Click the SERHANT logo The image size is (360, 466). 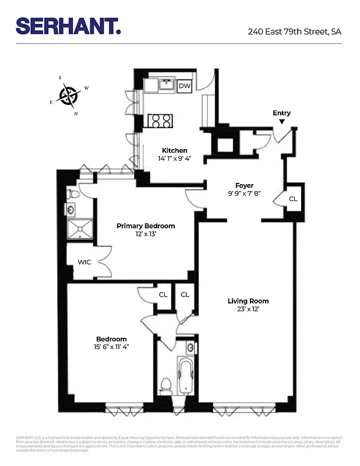pyautogui.click(x=68, y=26)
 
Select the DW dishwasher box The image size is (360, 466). pyautogui.click(x=185, y=86)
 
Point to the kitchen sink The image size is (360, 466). pyautogui.click(x=166, y=85)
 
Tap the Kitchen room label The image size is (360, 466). pyautogui.click(x=174, y=150)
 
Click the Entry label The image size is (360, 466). pyautogui.click(x=281, y=113)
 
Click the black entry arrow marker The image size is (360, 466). pyautogui.click(x=281, y=122)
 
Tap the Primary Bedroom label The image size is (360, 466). pyautogui.click(x=146, y=226)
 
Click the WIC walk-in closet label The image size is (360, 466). pyautogui.click(x=84, y=262)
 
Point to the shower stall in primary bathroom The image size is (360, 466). pyautogui.click(x=80, y=230)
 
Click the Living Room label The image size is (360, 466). pyautogui.click(x=248, y=301)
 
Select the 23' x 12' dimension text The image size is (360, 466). pyautogui.click(x=248, y=309)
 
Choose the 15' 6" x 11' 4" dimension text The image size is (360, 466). pyautogui.click(x=111, y=347)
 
